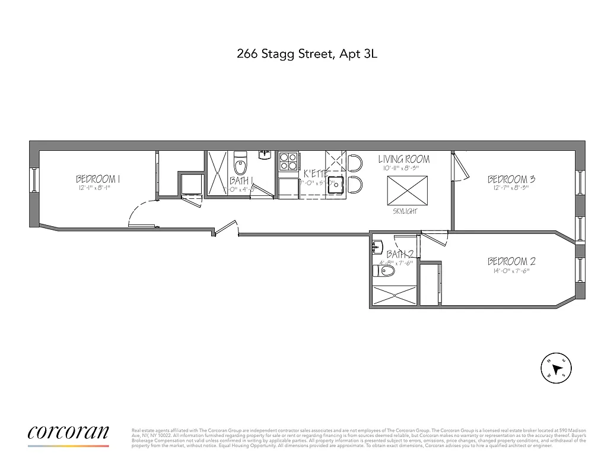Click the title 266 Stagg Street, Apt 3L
point(307,55)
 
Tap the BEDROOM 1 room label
point(98,178)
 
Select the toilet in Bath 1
point(240,163)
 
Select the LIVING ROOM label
point(404,159)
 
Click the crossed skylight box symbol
point(404,190)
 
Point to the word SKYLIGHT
point(404,211)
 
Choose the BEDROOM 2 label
point(511,261)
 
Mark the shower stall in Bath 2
point(395,296)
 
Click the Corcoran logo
point(68,432)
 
